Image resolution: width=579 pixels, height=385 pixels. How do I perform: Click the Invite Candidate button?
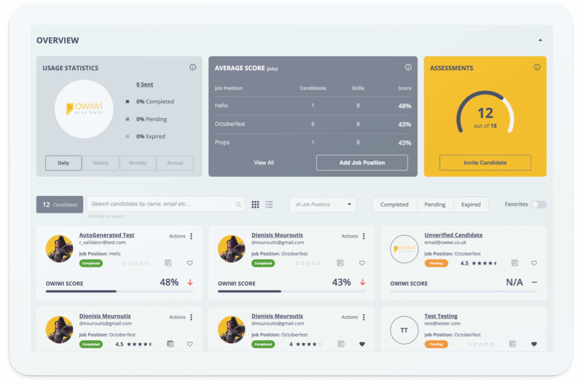pyautogui.click(x=485, y=163)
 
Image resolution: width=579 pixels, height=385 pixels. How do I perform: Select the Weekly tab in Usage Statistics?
pyautogui.click(x=101, y=163)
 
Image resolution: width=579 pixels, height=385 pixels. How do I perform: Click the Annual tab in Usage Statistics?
pyautogui.click(x=175, y=163)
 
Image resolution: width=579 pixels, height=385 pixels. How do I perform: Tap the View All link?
pyautogui.click(x=264, y=163)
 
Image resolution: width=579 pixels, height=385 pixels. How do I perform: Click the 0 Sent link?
pyautogui.click(x=145, y=84)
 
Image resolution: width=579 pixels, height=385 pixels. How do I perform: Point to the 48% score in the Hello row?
pyautogui.click(x=405, y=106)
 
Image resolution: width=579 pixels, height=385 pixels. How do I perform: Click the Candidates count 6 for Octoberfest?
pyautogui.click(x=313, y=124)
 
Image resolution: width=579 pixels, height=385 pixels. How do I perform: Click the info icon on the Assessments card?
pyautogui.click(x=537, y=67)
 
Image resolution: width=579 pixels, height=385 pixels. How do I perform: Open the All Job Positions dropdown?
pyautogui.click(x=323, y=204)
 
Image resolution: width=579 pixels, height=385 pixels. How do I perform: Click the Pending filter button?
pyautogui.click(x=435, y=204)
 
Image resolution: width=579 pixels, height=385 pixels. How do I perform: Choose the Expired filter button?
pyautogui.click(x=471, y=204)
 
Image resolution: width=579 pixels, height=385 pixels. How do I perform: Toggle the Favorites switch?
pyautogui.click(x=539, y=204)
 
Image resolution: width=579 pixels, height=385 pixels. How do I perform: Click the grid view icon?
pyautogui.click(x=255, y=205)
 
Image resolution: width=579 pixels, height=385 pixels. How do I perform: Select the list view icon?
pyautogui.click(x=269, y=205)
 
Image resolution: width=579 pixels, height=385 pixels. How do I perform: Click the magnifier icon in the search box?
pyautogui.click(x=238, y=204)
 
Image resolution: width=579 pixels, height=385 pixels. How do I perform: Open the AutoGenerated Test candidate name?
pyautogui.click(x=107, y=235)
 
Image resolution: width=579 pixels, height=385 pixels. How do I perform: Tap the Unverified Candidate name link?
pyautogui.click(x=453, y=235)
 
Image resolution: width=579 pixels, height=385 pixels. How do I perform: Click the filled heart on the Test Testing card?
pyautogui.click(x=534, y=344)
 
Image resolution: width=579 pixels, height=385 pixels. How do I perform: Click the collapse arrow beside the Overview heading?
pyautogui.click(x=540, y=40)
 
